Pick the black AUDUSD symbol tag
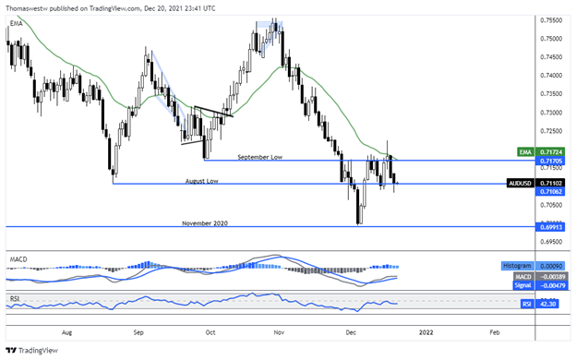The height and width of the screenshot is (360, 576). pyautogui.click(x=522, y=183)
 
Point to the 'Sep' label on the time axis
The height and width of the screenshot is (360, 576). pyautogui.click(x=138, y=329)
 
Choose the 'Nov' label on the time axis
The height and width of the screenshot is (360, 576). pyautogui.click(x=282, y=329)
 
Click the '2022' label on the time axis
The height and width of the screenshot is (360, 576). pyautogui.click(x=425, y=329)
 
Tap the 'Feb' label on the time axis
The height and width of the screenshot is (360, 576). pyautogui.click(x=494, y=329)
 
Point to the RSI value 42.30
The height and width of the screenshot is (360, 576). pyautogui.click(x=551, y=302)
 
